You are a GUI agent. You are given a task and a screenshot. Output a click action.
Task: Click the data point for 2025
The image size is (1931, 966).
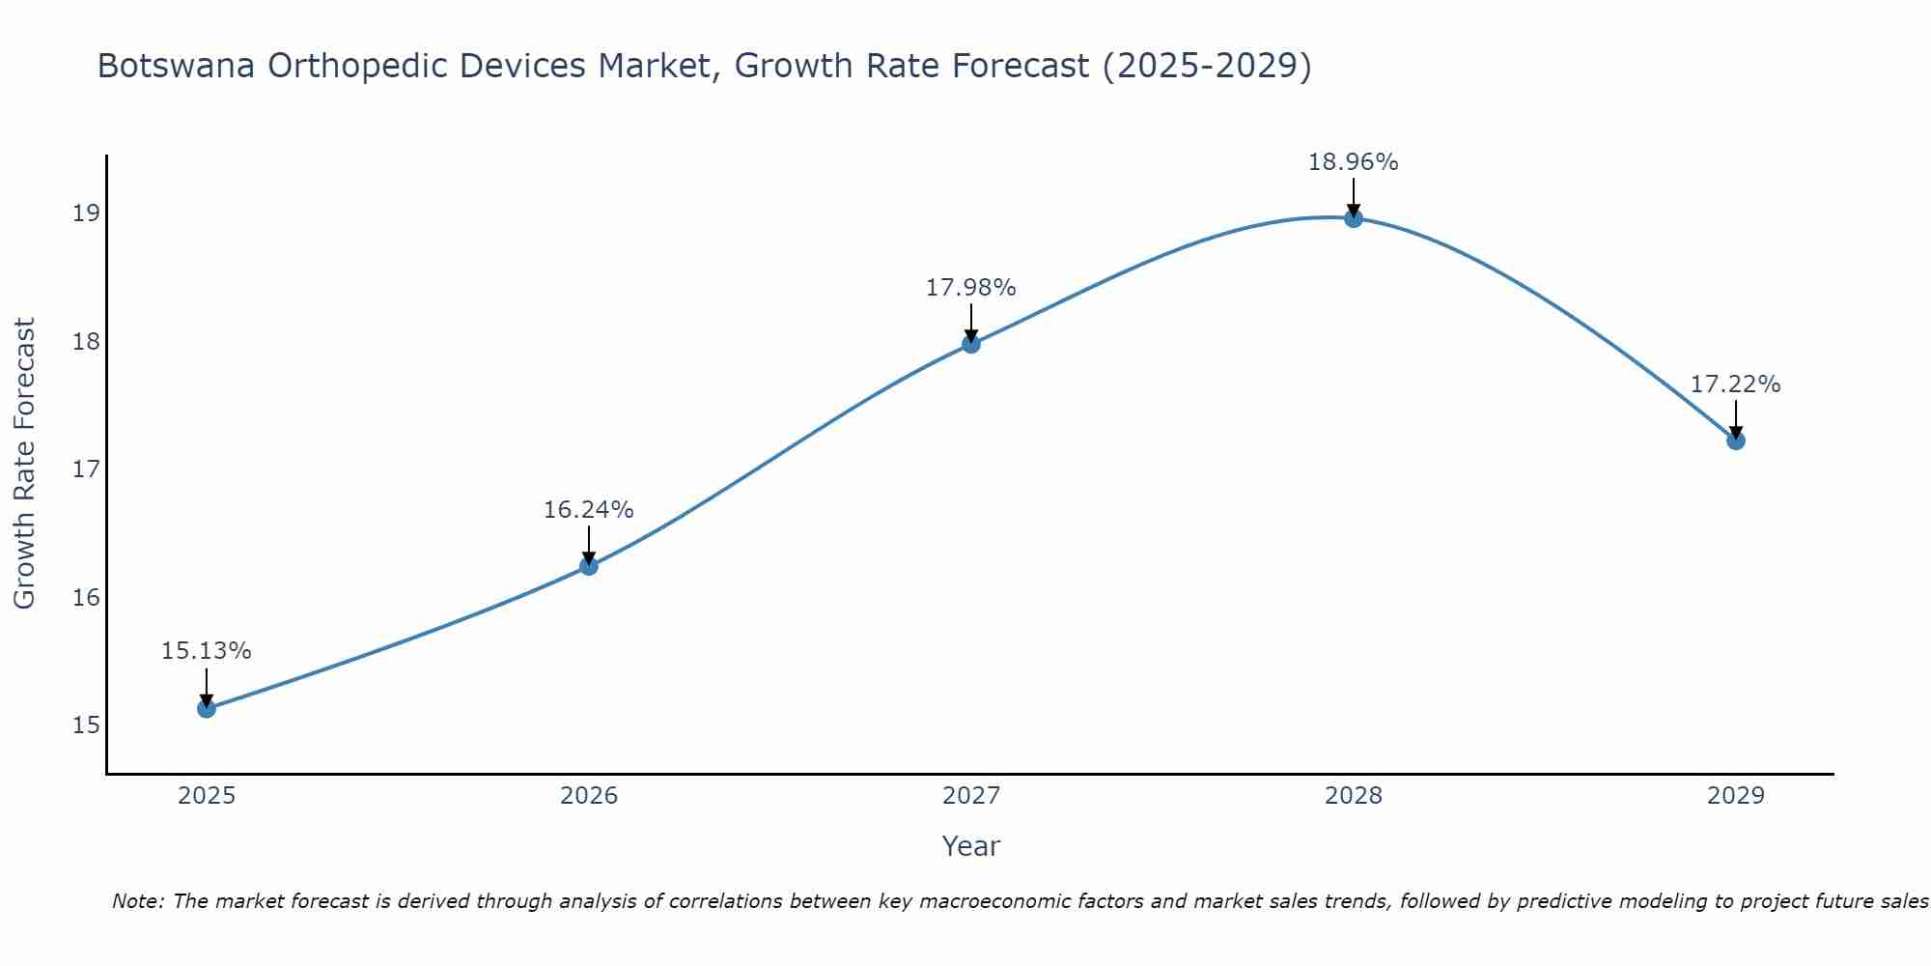tap(206, 708)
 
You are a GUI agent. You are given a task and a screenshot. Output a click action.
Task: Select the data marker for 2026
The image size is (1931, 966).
tap(588, 566)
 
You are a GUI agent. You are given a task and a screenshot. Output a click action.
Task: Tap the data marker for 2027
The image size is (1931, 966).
tap(970, 344)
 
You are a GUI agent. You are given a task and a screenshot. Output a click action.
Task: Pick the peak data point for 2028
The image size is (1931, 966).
tap(1353, 218)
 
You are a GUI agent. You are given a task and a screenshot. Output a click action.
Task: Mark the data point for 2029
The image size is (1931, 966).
tap(1735, 440)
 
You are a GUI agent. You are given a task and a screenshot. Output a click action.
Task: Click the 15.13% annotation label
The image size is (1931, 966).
tap(206, 651)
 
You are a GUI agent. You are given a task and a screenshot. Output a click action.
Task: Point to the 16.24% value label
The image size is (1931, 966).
tap(588, 510)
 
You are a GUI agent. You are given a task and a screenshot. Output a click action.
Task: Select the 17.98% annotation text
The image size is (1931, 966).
tap(970, 288)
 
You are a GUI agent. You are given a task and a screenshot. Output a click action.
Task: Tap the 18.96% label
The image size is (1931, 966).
tap(1353, 162)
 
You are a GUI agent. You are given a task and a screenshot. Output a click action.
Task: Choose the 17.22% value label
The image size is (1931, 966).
tap(1735, 384)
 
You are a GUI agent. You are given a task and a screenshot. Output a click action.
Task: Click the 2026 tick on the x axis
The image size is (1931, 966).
tap(589, 796)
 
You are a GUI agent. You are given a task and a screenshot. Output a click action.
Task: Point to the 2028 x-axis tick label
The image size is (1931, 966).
tap(1353, 796)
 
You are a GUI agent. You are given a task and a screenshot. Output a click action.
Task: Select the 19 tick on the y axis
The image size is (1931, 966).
tap(86, 213)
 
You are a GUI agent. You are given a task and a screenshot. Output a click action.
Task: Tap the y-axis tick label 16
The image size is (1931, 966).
tap(86, 597)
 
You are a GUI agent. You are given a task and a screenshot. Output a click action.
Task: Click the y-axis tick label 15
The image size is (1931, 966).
tap(86, 724)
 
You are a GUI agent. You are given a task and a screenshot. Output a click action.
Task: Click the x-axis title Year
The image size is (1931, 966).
tap(970, 846)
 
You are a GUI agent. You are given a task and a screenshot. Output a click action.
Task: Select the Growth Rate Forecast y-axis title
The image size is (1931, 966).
tap(25, 464)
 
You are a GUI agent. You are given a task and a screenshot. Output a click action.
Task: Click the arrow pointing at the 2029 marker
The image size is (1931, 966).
tap(1735, 421)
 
